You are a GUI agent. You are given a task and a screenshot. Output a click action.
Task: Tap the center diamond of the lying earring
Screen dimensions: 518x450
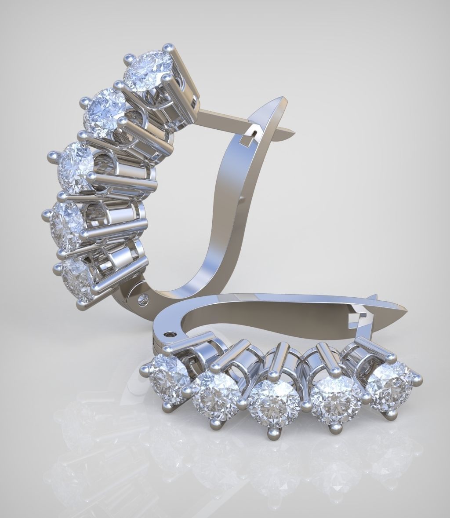tap(273, 399)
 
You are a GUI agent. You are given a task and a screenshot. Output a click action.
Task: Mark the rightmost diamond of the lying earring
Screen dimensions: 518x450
tap(388, 380)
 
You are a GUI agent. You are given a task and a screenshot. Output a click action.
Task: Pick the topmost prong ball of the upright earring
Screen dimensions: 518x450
tap(167, 47)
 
